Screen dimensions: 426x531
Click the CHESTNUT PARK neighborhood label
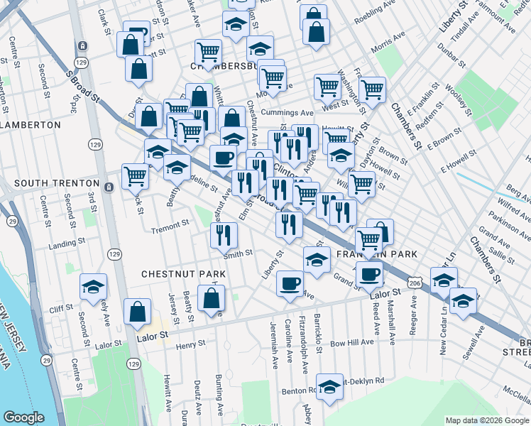[183, 273]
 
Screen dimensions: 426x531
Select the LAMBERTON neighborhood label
[31, 124]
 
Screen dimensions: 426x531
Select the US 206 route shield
[415, 283]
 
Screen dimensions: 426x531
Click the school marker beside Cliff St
[92, 286]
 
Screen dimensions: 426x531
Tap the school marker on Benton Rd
[329, 386]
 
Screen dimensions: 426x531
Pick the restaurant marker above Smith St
[224, 234]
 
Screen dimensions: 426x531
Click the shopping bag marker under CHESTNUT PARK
[212, 297]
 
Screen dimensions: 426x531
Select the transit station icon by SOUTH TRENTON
[108, 187]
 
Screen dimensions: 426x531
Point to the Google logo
[24, 417]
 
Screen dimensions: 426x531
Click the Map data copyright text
[486, 420]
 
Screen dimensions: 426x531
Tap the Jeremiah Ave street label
[275, 352]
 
